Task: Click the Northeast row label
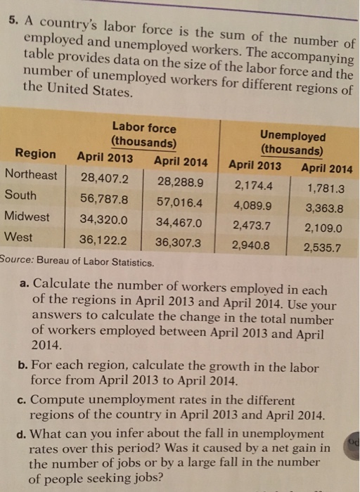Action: tap(31, 175)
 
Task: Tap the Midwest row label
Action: tap(27, 216)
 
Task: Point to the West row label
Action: tap(18, 238)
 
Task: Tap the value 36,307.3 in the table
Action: tap(179, 243)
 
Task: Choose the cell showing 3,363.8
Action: tap(324, 208)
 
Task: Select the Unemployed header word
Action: tap(292, 136)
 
